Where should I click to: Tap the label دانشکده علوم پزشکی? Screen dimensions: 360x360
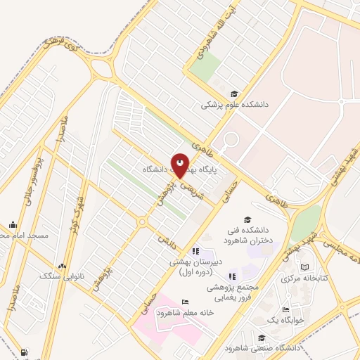click(227, 105)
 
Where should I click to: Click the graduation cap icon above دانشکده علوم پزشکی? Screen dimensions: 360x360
click(234, 94)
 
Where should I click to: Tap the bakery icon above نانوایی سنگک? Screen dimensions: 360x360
click(63, 266)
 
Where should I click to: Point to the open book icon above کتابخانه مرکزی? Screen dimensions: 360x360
click(304, 267)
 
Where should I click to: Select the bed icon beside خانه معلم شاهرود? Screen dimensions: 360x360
click(185, 302)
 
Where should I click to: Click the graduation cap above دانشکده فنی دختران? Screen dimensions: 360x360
click(247, 219)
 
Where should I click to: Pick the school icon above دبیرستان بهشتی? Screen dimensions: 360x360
click(196, 251)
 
